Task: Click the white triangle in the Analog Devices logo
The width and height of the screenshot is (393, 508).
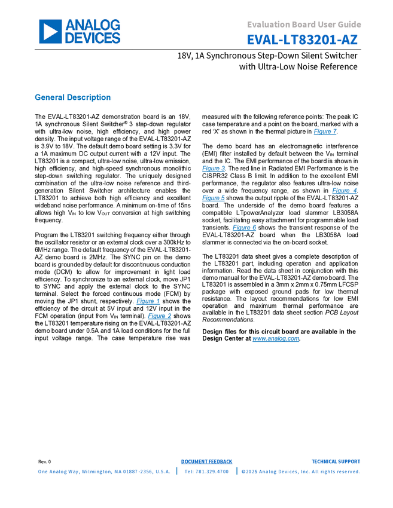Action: (x=50, y=32)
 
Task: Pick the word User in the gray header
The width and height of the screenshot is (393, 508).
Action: (x=327, y=25)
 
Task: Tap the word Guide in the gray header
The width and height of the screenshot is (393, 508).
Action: (x=351, y=25)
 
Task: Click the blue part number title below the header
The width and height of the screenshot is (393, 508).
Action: (x=302, y=41)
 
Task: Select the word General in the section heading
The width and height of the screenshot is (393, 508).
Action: (x=48, y=97)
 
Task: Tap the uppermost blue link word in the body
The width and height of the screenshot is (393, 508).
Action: (x=325, y=131)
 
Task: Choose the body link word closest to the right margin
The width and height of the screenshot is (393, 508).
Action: (x=344, y=191)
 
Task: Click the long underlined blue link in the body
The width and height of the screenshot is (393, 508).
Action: (x=275, y=339)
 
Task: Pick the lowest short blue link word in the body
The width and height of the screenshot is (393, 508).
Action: (x=160, y=316)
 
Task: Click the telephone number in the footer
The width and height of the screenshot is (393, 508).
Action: (x=206, y=471)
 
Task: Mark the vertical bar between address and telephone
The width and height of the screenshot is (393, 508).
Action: (x=176, y=471)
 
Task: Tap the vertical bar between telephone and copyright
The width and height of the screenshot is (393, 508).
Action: (x=236, y=471)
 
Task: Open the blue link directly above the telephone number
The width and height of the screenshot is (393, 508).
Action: (x=206, y=461)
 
